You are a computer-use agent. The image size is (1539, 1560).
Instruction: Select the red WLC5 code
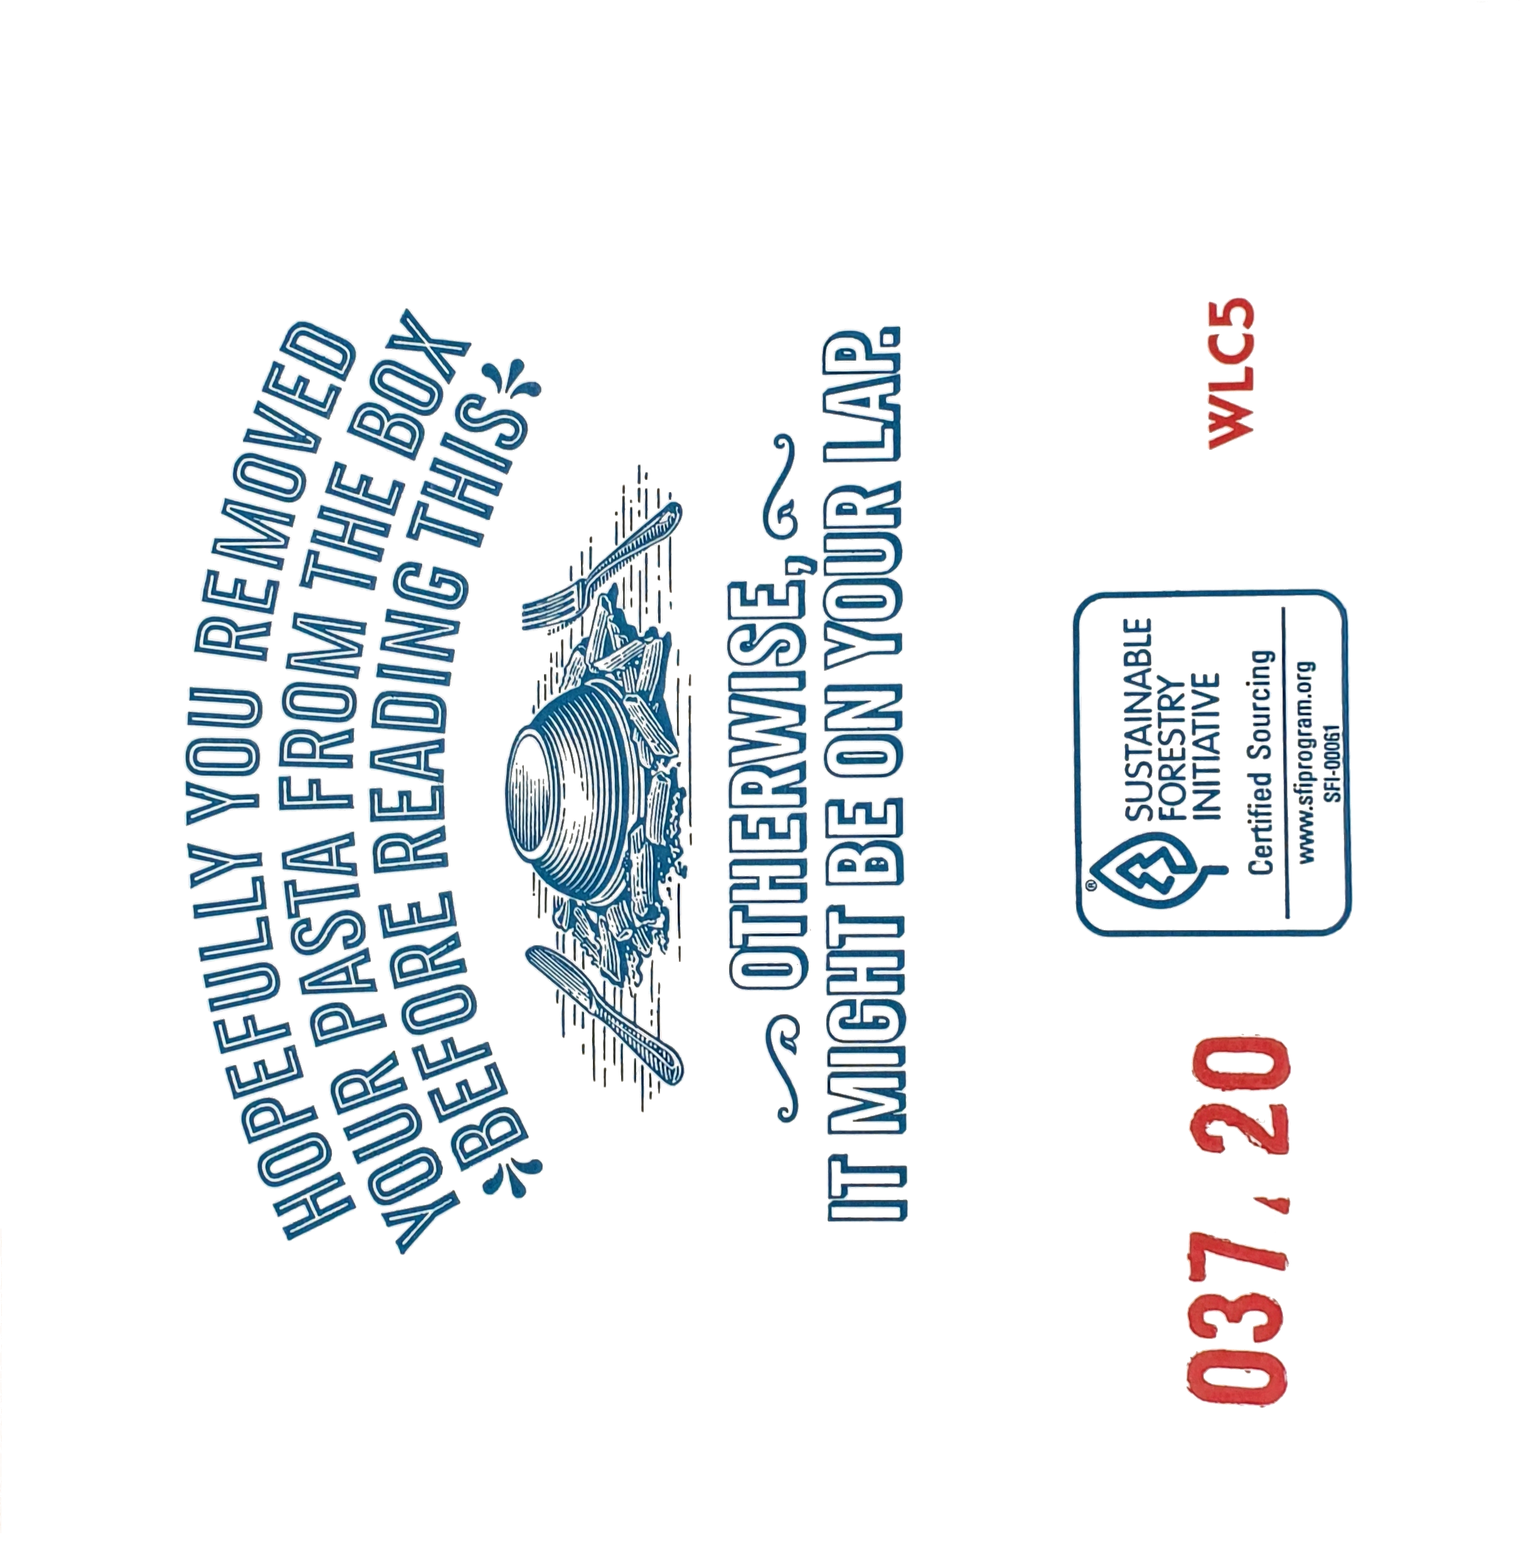pyautogui.click(x=1232, y=371)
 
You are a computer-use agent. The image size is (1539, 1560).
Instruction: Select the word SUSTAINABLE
pyautogui.click(x=1139, y=719)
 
